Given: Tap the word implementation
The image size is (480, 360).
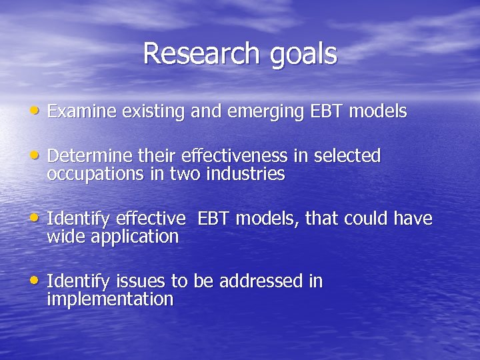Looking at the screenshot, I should pos(110,299).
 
